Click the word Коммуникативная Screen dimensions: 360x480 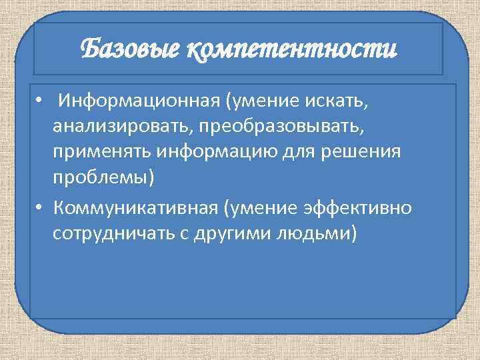(137, 208)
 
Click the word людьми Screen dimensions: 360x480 (309, 233)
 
